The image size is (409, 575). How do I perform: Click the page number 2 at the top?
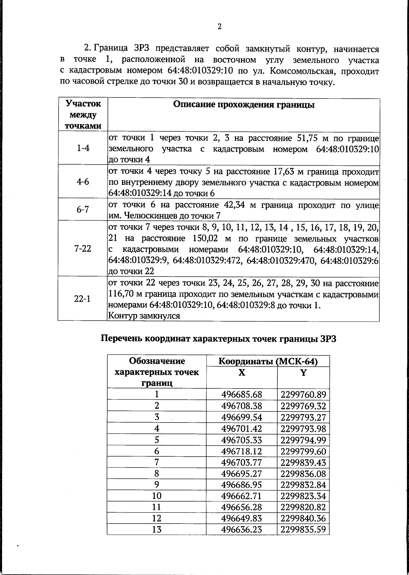pos(219,27)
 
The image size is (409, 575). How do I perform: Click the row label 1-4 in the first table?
pos(82,148)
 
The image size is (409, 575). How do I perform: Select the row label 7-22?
pos(82,249)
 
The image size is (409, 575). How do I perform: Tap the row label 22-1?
pos(82,299)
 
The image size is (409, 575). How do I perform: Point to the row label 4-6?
pos(82,181)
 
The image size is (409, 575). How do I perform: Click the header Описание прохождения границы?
pos(243,105)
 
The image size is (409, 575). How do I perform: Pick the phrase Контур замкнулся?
pos(143,316)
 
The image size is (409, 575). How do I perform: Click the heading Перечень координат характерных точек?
pos(218,339)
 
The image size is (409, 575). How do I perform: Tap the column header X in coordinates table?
pos(241,372)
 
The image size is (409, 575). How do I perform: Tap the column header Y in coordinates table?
pos(303,372)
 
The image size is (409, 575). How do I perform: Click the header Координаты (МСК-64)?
pos(268,361)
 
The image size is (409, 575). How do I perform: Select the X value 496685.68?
pos(241,395)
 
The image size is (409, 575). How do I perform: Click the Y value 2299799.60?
pos(303,452)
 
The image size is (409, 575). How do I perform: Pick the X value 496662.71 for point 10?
pos(241,496)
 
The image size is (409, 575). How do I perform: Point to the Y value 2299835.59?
pos(303,530)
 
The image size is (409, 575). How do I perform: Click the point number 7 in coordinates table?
pos(156,463)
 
